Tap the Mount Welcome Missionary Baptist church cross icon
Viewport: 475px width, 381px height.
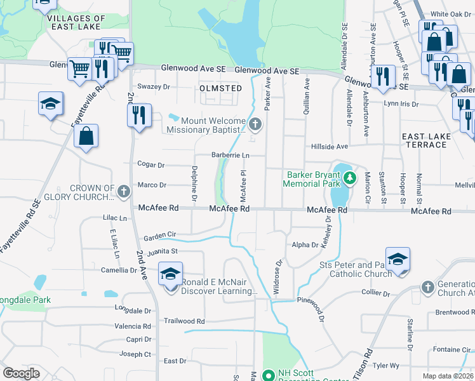pyautogui.click(x=255, y=124)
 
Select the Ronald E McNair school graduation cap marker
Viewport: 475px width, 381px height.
pyautogui.click(x=170, y=274)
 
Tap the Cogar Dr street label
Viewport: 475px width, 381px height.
pyautogui.click(x=152, y=165)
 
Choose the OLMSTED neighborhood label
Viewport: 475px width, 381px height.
pyautogui.click(x=220, y=88)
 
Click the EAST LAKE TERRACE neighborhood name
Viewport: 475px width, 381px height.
pyautogui.click(x=425, y=140)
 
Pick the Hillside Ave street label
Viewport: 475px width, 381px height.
pyautogui.click(x=330, y=146)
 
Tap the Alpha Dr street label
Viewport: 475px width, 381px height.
pyautogui.click(x=304, y=244)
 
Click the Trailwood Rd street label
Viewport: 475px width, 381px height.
pyautogui.click(x=184, y=321)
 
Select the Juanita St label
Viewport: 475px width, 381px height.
pyautogui.click(x=161, y=252)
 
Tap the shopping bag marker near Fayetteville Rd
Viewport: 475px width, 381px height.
pyautogui.click(x=86, y=137)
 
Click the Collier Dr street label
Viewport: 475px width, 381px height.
pyautogui.click(x=375, y=293)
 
